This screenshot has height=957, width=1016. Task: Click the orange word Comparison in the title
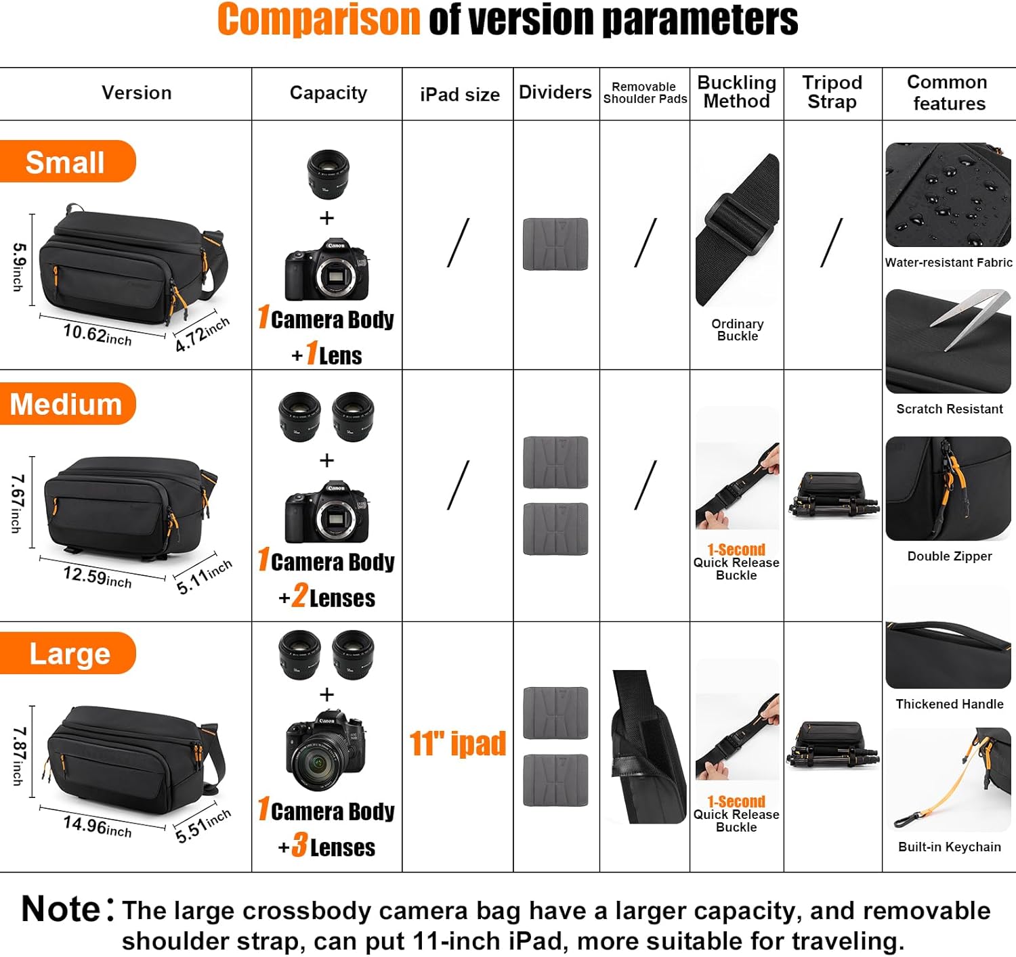(x=319, y=20)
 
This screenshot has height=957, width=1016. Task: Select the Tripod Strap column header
(x=832, y=92)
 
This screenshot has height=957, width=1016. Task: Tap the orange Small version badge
(x=68, y=161)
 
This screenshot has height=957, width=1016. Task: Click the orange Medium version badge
(x=68, y=403)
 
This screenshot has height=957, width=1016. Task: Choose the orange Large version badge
(x=68, y=653)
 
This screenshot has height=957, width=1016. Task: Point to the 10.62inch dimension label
(x=98, y=334)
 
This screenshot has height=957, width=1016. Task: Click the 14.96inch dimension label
(x=98, y=826)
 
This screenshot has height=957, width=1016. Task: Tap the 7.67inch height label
(x=18, y=504)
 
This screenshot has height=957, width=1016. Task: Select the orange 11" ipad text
(x=457, y=743)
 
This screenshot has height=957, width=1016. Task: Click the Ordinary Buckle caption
(x=737, y=330)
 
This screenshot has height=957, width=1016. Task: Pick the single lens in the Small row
(x=328, y=174)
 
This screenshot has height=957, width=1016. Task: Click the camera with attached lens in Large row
(x=326, y=749)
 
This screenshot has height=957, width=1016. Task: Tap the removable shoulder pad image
(x=649, y=747)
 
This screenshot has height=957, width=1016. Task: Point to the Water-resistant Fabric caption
(x=948, y=262)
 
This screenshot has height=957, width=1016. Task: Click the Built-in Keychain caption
(x=950, y=847)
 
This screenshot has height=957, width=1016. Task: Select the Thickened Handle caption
(x=950, y=704)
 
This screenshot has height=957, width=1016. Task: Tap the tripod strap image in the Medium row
(x=833, y=495)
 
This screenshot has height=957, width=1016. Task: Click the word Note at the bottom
(x=61, y=909)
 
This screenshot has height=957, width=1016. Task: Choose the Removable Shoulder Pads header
(x=645, y=93)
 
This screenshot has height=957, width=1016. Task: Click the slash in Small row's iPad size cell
(x=459, y=243)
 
